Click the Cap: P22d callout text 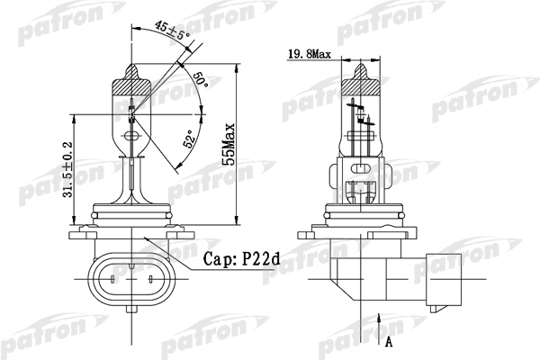coord(241,259)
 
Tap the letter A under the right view coord(389,342)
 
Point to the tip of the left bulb coord(132,64)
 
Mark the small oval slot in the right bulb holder coord(362,169)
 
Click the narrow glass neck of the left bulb coord(132,171)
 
